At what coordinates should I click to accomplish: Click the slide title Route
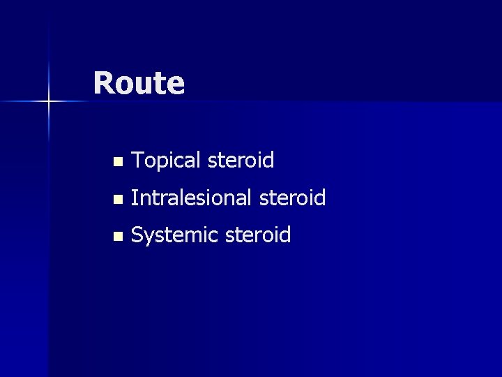(x=139, y=83)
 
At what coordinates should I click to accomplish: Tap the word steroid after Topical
(x=240, y=161)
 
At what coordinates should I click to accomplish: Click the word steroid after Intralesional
(x=291, y=198)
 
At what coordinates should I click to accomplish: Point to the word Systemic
(x=174, y=236)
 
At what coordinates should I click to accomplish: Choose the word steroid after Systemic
(x=257, y=235)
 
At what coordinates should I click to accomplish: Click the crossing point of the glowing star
(x=49, y=102)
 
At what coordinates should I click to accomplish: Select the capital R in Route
(x=103, y=83)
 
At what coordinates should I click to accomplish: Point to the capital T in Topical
(x=137, y=161)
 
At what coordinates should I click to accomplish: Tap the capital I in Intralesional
(x=133, y=198)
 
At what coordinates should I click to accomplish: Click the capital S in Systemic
(x=137, y=235)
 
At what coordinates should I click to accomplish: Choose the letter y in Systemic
(x=149, y=239)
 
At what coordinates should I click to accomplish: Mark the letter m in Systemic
(x=198, y=237)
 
